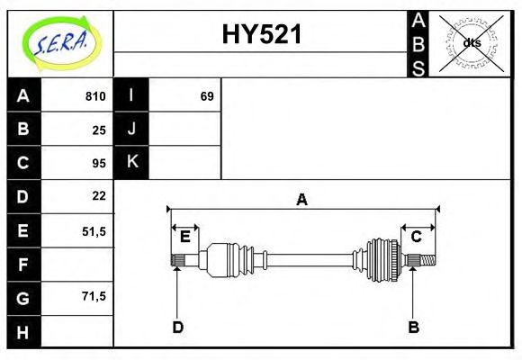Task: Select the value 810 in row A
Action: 95,96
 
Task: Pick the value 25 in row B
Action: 99,130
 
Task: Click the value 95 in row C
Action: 99,163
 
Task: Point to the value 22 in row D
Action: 99,195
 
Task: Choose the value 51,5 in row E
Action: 94,230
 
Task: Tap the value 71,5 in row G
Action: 94,296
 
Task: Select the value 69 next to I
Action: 207,96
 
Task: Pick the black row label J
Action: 131,129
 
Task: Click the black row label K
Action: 131,162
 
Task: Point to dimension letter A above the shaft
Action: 302,199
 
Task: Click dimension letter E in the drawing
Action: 184,237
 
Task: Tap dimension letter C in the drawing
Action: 417,237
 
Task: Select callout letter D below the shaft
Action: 178,327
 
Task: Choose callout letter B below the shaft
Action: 414,327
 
